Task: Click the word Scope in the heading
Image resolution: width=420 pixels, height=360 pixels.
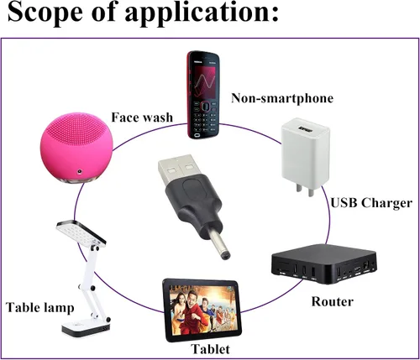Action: click(x=45, y=13)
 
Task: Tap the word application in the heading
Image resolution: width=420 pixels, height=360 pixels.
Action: click(x=202, y=13)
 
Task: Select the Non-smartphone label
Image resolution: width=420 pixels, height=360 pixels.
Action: click(x=282, y=98)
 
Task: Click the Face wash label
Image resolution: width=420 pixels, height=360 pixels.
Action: click(x=142, y=117)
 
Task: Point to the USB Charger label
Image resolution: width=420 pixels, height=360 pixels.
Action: click(x=371, y=203)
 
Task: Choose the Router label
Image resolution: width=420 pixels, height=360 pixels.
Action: click(x=333, y=301)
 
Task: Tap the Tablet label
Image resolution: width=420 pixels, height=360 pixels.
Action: click(x=210, y=349)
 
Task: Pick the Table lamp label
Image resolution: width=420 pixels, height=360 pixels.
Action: click(x=40, y=307)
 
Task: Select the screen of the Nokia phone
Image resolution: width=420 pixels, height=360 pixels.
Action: click(x=203, y=82)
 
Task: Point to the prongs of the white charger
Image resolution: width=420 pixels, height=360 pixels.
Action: click(x=305, y=190)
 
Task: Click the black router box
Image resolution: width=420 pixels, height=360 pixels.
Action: click(x=323, y=263)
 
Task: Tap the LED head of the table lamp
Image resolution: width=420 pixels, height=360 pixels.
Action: click(x=81, y=233)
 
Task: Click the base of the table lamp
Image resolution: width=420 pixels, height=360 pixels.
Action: click(x=86, y=327)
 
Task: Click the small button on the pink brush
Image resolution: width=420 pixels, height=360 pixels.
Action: click(x=80, y=171)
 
